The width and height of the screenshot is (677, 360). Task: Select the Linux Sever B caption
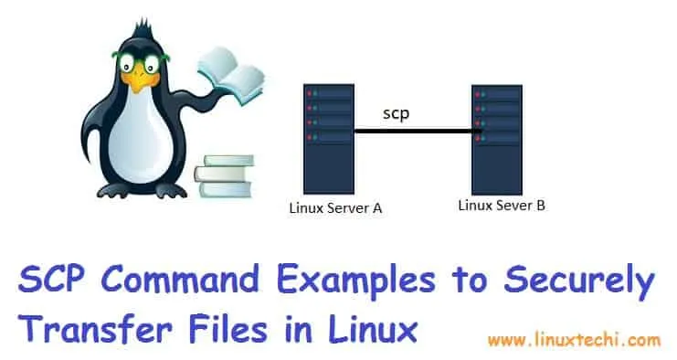click(502, 206)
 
